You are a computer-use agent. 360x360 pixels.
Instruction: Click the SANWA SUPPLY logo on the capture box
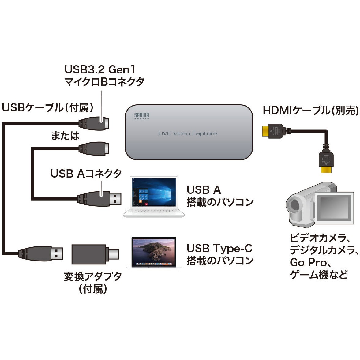141,116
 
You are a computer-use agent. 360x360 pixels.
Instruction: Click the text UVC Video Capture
188,133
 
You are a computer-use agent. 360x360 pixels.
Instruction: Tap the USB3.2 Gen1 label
100,70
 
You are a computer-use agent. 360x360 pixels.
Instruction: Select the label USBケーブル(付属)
47,107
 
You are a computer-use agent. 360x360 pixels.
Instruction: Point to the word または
65,136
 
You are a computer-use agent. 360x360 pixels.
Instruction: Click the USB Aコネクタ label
86,174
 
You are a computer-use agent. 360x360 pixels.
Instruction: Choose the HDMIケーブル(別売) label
310,111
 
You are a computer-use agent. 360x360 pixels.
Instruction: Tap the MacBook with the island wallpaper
154,252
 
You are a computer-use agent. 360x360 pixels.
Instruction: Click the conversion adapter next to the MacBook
95,254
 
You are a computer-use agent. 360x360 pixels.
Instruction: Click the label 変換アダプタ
93,276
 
